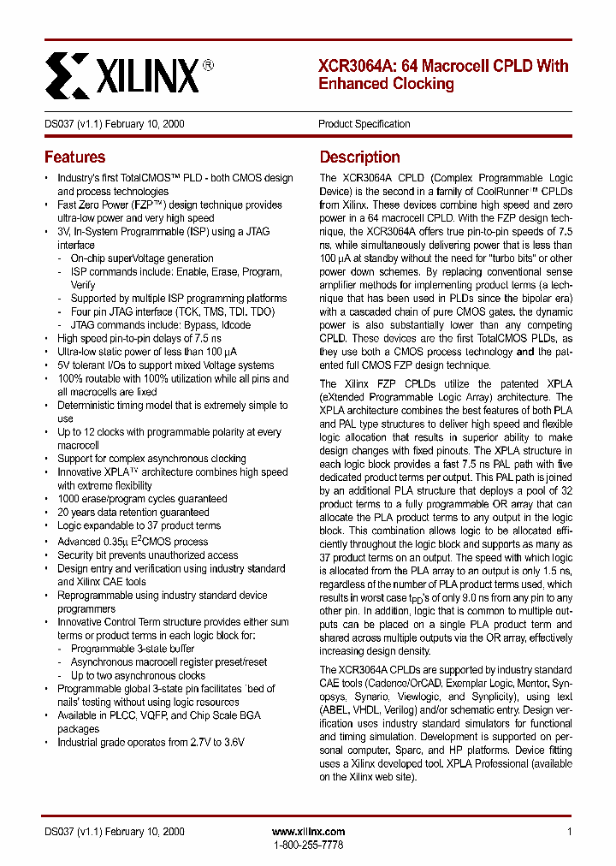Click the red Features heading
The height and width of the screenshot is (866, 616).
click(74, 157)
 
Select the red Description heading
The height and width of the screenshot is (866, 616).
click(359, 157)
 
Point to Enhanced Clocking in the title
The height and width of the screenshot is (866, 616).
click(386, 84)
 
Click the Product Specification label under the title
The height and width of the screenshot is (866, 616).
click(364, 124)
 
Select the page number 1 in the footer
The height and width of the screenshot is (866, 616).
click(569, 832)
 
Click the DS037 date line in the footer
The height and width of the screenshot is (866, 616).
click(114, 832)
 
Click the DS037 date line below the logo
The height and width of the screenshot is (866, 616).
click(114, 124)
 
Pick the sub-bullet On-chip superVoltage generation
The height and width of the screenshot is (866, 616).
click(142, 258)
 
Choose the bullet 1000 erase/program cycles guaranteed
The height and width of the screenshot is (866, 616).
click(142, 499)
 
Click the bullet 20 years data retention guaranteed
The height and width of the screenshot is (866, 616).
click(133, 513)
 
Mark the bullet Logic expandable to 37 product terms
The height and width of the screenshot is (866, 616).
click(139, 525)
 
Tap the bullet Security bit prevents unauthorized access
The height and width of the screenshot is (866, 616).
click(147, 555)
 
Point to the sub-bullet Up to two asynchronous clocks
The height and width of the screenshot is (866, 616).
click(138, 675)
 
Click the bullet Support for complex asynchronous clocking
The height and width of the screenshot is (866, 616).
click(151, 459)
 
